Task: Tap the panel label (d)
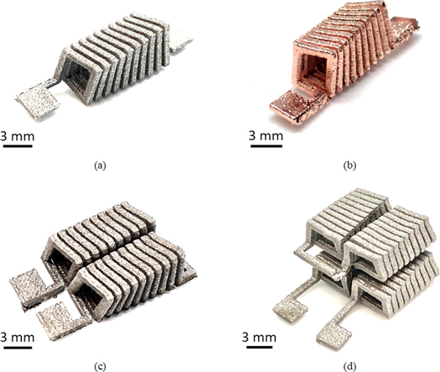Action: pos(334,366)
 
